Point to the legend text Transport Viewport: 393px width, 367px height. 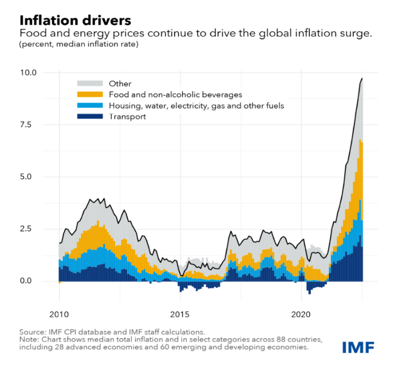(x=127, y=117)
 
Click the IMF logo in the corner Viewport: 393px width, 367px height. (x=359, y=347)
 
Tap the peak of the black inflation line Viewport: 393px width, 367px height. (x=362, y=79)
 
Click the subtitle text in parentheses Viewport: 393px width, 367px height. (x=79, y=45)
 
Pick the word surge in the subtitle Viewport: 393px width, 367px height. (x=358, y=34)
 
